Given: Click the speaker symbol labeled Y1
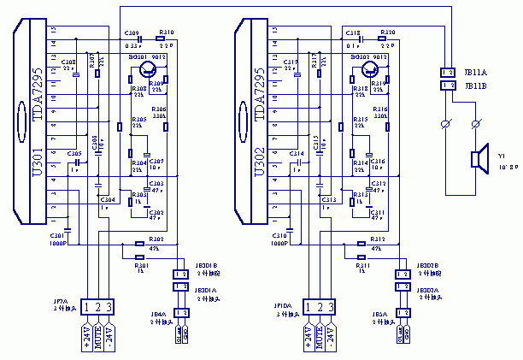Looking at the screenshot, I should click(x=477, y=159).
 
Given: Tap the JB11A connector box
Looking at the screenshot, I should click(x=447, y=73).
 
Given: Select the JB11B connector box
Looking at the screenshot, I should click(x=447, y=86).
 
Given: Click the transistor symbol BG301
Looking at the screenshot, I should click(x=148, y=69).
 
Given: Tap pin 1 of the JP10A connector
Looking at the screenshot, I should click(x=309, y=305).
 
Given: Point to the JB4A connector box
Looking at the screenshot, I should click(x=181, y=312).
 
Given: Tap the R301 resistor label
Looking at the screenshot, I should click(x=142, y=266).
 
